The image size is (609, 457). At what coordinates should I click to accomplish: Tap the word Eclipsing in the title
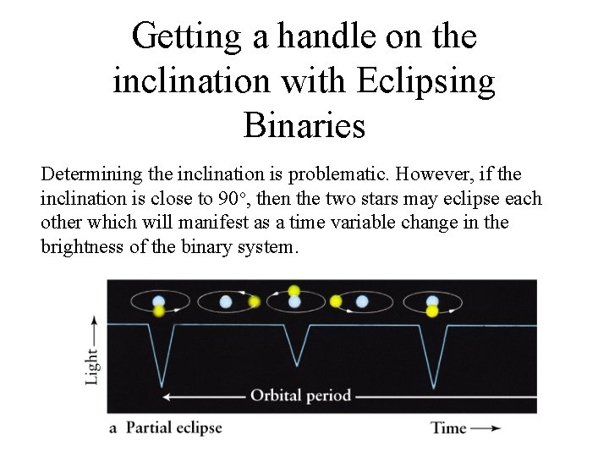coord(426,81)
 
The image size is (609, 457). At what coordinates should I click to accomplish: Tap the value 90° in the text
coord(233,199)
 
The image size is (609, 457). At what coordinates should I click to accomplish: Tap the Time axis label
coord(448,427)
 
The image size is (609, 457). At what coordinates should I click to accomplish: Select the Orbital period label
coord(300,395)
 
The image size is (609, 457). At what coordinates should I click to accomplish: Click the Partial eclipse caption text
coord(173,427)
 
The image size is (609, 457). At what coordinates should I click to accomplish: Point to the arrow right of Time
coord(486,428)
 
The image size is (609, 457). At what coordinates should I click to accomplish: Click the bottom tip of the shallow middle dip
coord(296,365)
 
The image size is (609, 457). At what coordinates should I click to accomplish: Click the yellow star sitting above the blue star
coord(294,290)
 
